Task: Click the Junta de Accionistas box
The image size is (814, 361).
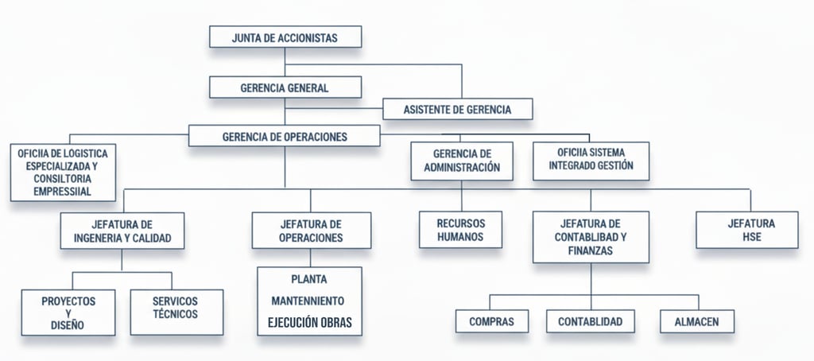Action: pos(285,37)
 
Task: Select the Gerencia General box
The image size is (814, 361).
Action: pos(285,87)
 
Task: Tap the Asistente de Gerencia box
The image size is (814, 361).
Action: pos(457,109)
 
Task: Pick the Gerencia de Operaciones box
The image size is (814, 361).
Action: pos(285,136)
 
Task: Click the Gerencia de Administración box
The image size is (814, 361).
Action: pos(461,160)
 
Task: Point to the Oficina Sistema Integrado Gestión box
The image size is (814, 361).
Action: pos(591,160)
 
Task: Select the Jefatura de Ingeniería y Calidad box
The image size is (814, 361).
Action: pos(122,231)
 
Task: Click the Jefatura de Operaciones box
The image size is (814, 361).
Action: pos(311,231)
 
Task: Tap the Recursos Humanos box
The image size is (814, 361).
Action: pos(461,230)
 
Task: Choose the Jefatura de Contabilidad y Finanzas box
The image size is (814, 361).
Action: pos(591,237)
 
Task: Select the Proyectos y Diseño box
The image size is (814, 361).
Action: pos(68,312)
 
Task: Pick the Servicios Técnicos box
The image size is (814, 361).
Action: pos(176,308)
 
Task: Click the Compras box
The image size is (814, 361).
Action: pos(492,322)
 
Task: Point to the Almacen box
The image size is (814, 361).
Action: pos(697,322)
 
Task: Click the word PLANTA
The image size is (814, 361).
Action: pos(309,280)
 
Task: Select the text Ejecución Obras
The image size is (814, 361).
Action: pos(309,324)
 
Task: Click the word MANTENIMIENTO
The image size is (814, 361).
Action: pos(309,301)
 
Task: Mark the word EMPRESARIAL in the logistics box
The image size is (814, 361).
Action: pos(63,191)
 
